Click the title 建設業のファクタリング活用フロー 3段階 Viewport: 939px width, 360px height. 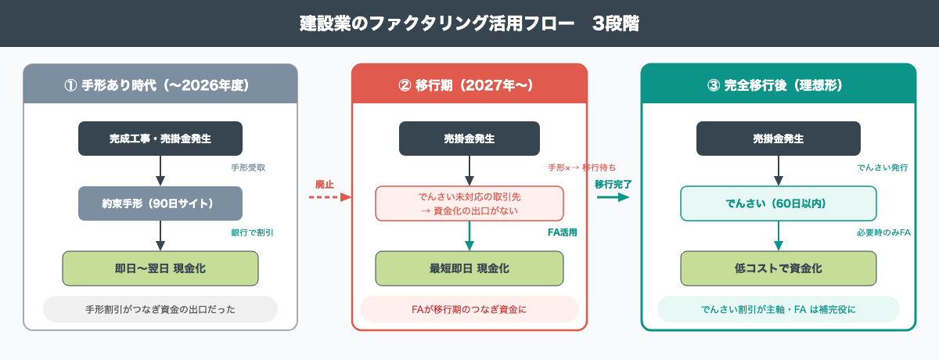pos(469,23)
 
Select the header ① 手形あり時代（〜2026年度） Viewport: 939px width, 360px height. pos(160,85)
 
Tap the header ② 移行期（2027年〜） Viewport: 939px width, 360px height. pos(469,85)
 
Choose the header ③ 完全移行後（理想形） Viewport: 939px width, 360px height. pos(778,85)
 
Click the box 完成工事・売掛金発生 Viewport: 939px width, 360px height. pos(160,139)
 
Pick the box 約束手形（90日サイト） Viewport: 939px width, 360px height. pos(160,203)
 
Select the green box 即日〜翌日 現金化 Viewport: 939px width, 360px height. pos(160,268)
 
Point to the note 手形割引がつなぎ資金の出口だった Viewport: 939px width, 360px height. pos(160,309)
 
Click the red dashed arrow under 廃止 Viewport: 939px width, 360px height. pos(329,197)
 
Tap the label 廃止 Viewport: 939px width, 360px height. pos(324,185)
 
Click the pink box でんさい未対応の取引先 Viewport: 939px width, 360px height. pos(469,203)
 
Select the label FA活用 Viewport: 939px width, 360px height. pos(562,232)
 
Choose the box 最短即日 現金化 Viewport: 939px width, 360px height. pos(469,268)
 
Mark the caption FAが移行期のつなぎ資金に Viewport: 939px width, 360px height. pos(469,309)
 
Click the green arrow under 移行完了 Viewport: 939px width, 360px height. pos(613,197)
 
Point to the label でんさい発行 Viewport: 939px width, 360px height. pos(882,167)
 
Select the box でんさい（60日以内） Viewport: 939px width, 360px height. pos(778,203)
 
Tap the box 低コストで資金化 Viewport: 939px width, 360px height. pos(778,268)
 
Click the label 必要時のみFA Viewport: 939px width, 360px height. pos(884,232)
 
